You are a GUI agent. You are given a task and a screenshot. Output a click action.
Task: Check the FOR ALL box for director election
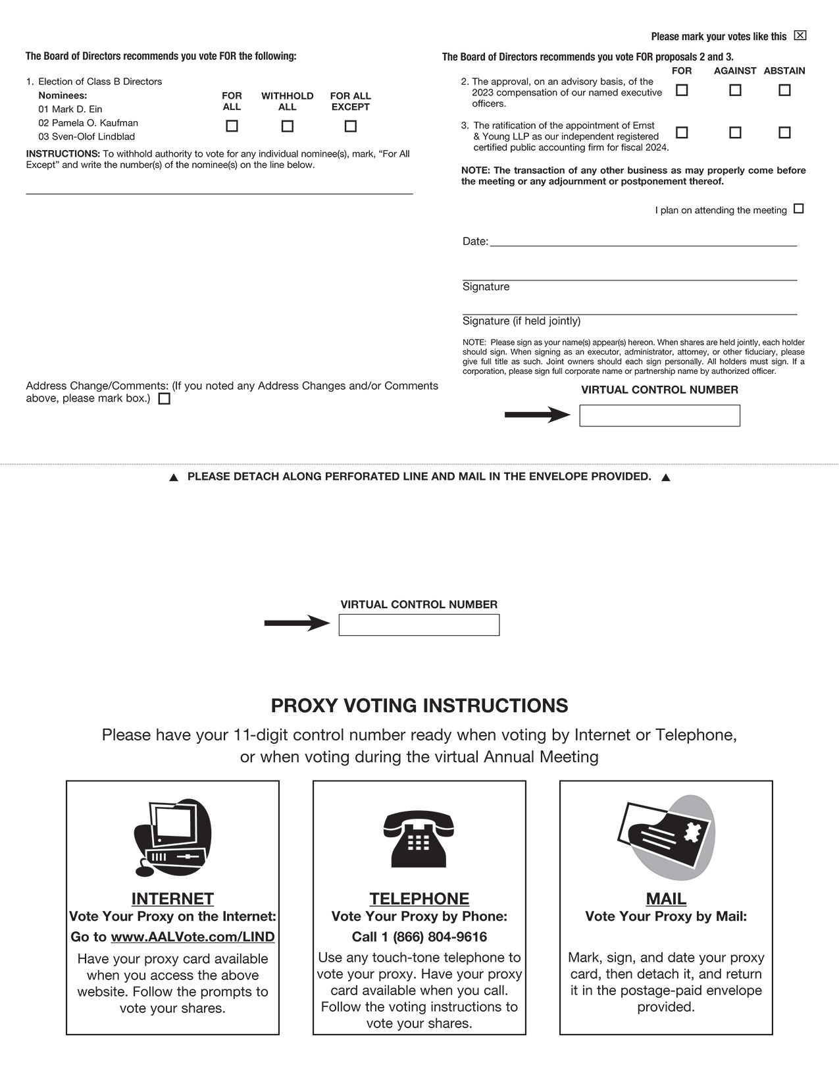(232, 126)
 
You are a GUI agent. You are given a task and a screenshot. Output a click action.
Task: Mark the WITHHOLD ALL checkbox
(288, 126)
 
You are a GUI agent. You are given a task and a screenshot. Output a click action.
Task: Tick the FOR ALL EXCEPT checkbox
(351, 126)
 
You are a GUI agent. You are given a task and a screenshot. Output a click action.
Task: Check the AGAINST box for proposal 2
(735, 90)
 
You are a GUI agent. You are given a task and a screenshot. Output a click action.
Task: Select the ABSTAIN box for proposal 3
(784, 132)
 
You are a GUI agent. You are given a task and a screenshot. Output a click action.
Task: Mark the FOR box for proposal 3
(682, 132)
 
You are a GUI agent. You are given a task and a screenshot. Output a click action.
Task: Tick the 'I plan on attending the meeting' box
(799, 209)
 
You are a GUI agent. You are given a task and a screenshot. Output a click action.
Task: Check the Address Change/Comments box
(165, 398)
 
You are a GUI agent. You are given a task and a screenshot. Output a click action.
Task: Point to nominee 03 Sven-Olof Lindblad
(86, 137)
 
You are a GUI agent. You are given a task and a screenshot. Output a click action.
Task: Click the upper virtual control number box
(659, 415)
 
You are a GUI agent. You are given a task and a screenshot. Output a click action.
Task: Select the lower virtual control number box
(419, 625)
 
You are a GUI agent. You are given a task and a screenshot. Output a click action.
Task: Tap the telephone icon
(419, 839)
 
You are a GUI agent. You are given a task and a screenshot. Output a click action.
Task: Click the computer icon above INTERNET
(172, 838)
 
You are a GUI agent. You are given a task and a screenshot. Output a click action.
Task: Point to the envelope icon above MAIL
(666, 837)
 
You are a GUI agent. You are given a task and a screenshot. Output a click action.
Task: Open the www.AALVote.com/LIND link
(192, 937)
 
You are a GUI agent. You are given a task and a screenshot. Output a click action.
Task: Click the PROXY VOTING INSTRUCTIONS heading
(419, 706)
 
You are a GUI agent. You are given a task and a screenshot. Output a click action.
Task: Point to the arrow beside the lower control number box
(297, 623)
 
